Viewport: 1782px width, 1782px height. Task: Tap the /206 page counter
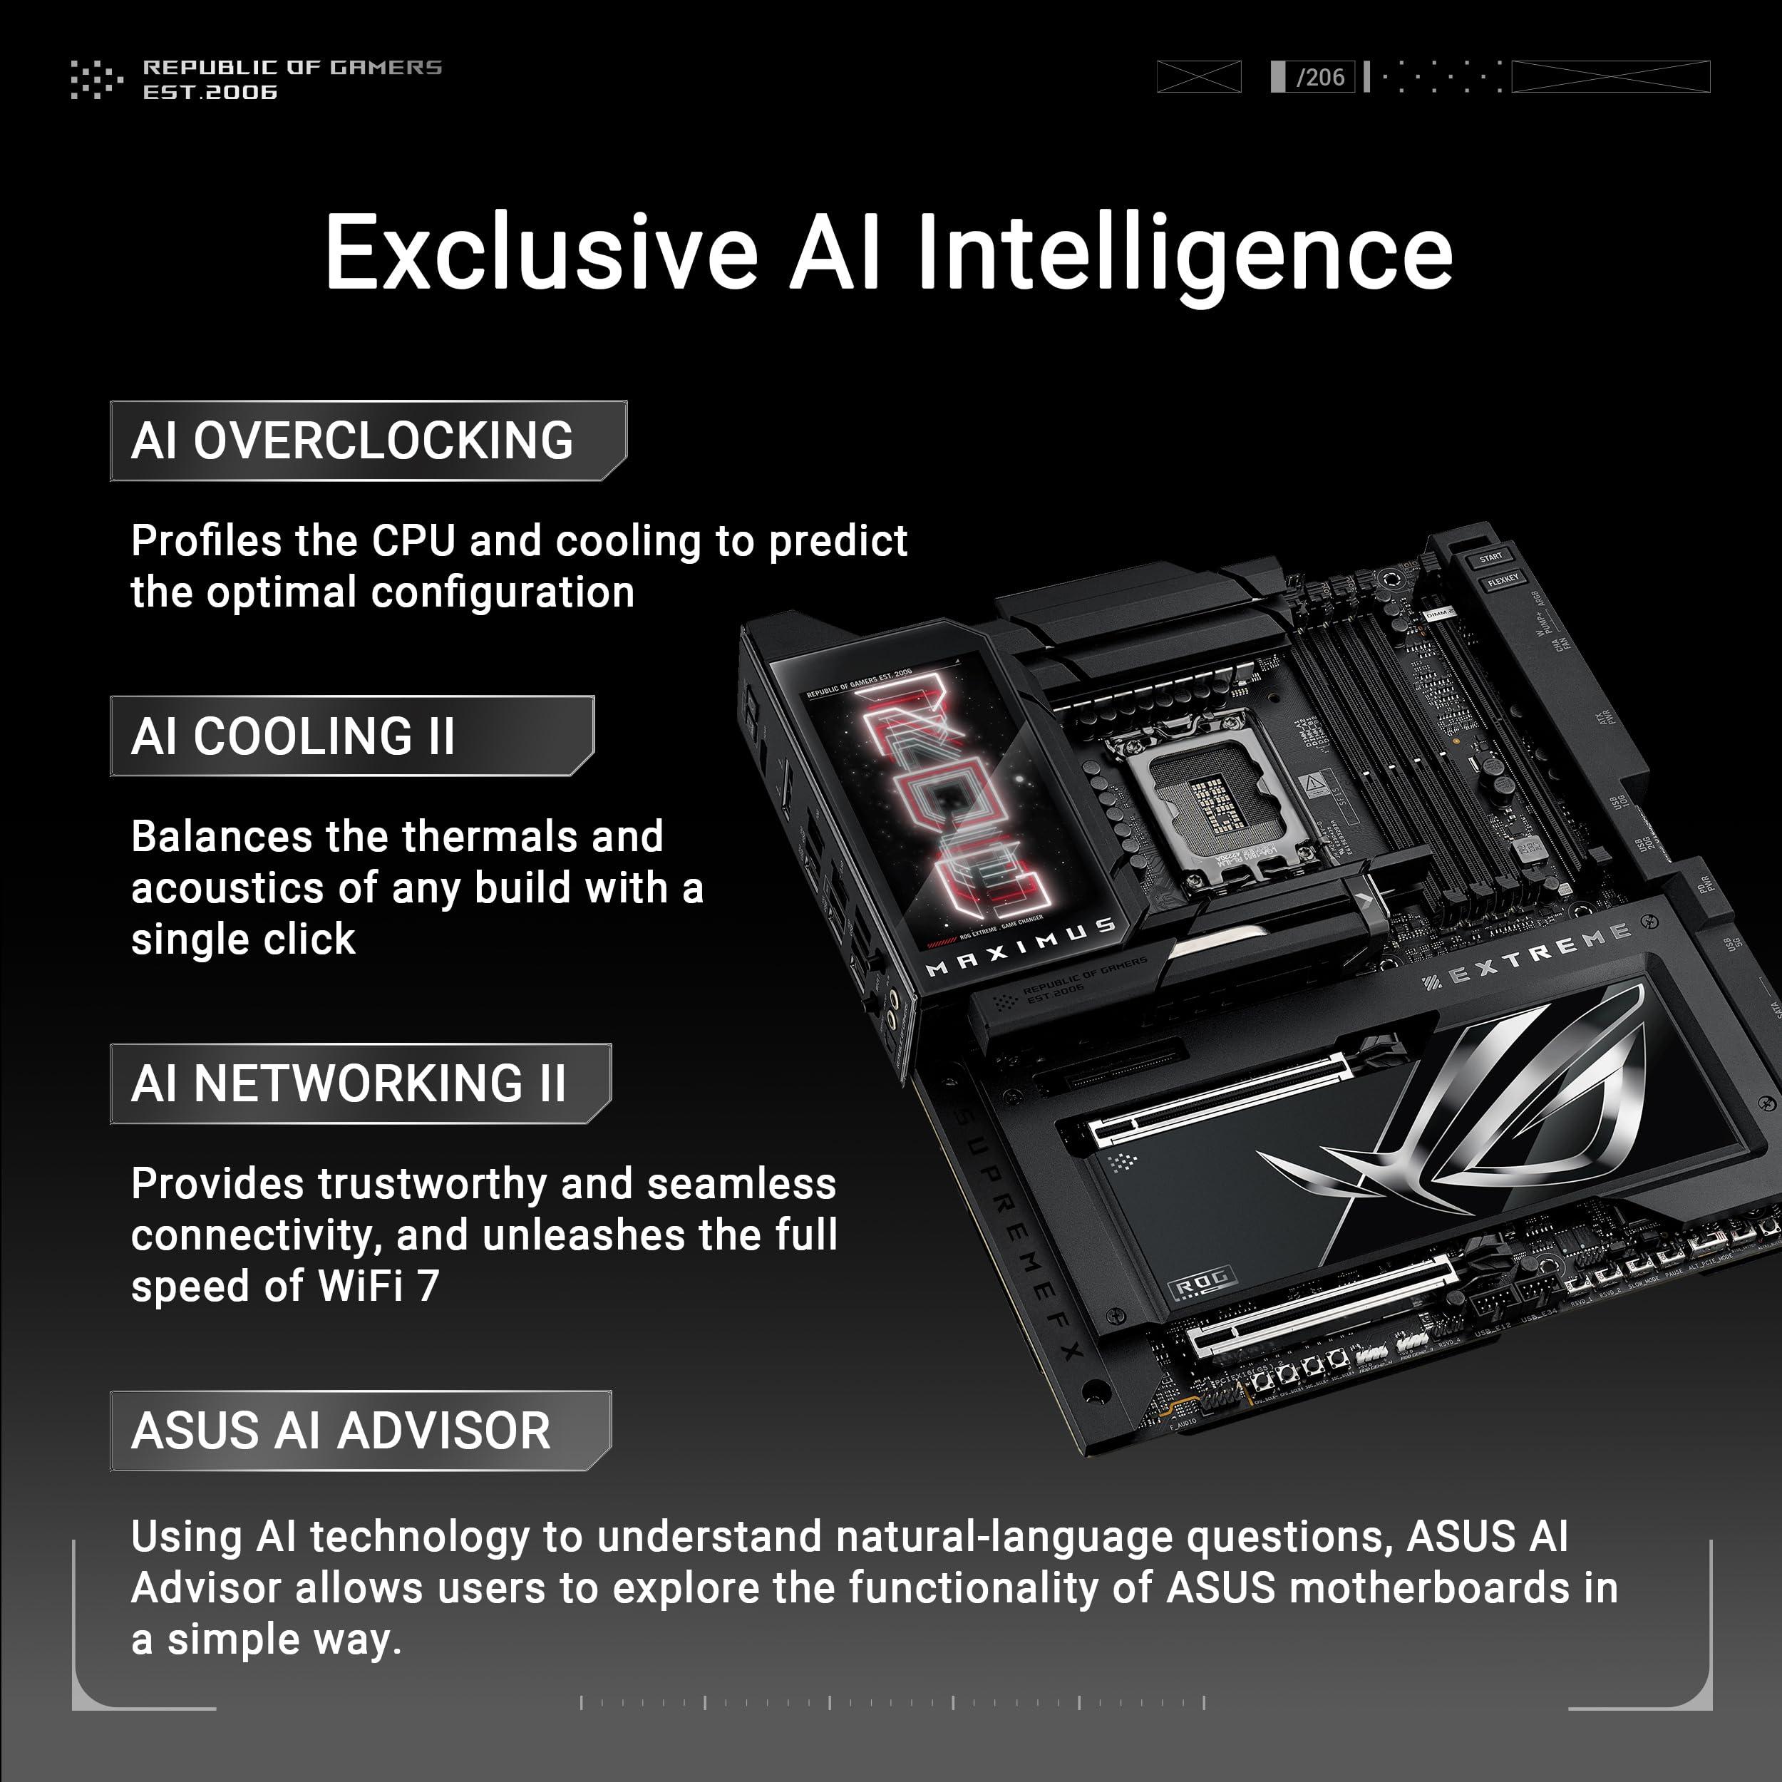[x=1320, y=78]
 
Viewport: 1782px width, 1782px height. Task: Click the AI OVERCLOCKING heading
[x=351, y=441]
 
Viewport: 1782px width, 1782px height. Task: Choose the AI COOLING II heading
[x=292, y=737]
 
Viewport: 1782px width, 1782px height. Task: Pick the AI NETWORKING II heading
[x=348, y=1083]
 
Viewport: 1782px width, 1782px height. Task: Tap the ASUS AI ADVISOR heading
[x=340, y=1431]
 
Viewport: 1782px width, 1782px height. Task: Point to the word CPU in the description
[x=413, y=542]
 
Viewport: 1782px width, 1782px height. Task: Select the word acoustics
[x=227, y=888]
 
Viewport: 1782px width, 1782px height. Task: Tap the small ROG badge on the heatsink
[x=1202, y=1280]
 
